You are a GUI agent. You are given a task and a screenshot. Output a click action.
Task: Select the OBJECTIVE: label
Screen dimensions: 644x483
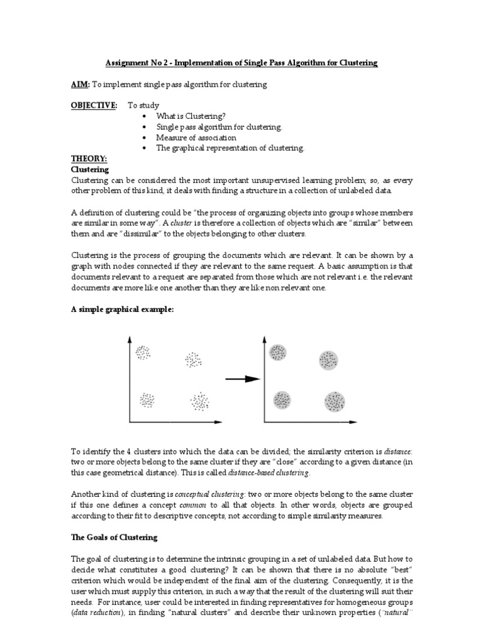[x=94, y=106]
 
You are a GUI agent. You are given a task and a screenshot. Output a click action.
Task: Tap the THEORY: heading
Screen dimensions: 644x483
[x=89, y=160]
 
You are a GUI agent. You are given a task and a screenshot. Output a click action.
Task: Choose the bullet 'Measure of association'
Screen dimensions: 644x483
[x=196, y=138]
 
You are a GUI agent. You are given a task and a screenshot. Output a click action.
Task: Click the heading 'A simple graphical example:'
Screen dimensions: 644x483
[x=121, y=310]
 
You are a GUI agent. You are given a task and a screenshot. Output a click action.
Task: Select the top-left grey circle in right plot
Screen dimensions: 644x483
[x=277, y=352]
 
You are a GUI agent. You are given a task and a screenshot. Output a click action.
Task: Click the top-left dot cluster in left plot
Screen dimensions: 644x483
[x=143, y=353]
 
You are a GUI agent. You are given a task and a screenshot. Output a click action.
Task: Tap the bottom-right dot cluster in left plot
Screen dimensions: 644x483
[x=200, y=401]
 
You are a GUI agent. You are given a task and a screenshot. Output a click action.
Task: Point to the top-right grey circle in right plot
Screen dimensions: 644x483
[x=328, y=360]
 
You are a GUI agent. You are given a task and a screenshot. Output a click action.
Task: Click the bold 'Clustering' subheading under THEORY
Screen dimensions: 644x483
[x=90, y=170]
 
